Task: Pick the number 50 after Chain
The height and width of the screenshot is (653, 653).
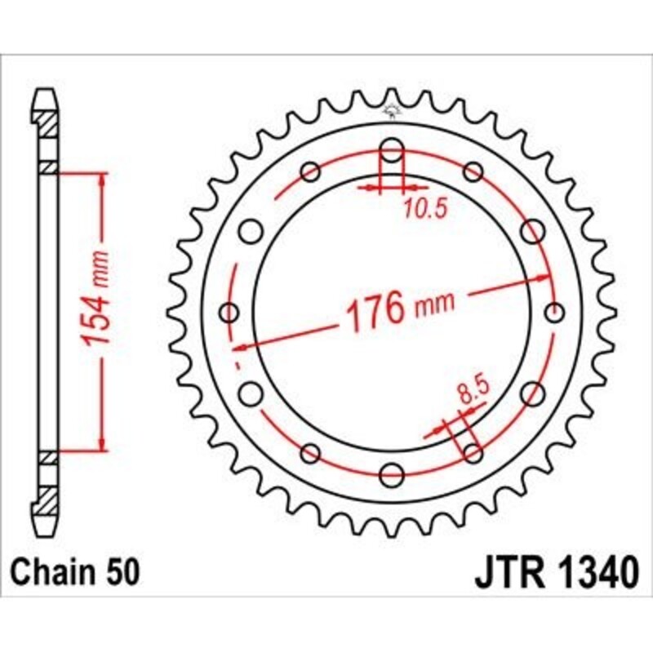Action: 122,572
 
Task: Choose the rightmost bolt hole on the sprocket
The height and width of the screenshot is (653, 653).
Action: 554,312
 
